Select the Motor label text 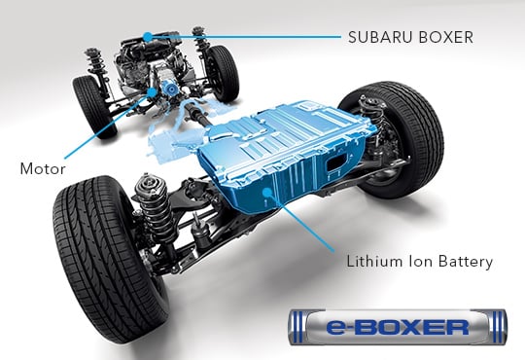tap(43, 168)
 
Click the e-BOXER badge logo tap(398, 327)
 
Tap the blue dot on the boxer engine tap(148, 36)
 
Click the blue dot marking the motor tap(153, 91)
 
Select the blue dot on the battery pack tap(266, 193)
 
